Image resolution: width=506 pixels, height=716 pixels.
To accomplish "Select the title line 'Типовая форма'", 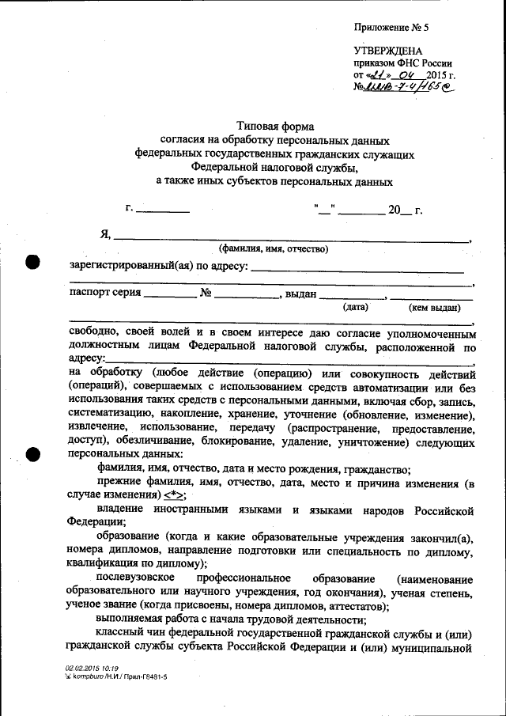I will [x=275, y=127].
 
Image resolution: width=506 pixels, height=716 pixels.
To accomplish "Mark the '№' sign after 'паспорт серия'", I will [x=206, y=293].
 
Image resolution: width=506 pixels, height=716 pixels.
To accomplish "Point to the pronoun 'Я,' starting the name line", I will [x=105, y=234].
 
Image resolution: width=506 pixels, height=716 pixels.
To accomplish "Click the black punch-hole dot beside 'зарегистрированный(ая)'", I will [x=33, y=263].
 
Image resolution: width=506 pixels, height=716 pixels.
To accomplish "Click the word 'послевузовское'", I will [x=133, y=579].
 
